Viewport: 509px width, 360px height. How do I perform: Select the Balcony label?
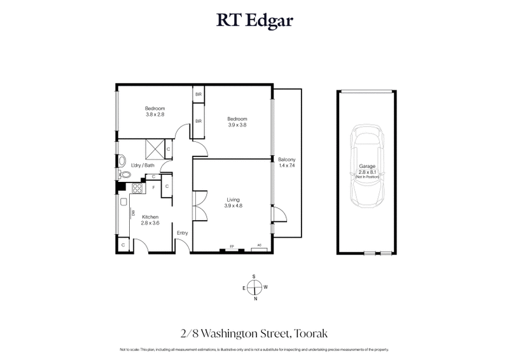[287, 159]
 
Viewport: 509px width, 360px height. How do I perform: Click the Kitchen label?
[150, 217]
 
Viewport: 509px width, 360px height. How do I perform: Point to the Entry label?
[183, 233]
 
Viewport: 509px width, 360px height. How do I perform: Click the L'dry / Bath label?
[143, 166]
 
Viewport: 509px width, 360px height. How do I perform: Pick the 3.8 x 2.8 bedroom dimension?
[155, 114]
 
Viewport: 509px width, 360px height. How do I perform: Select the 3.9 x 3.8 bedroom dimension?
[237, 125]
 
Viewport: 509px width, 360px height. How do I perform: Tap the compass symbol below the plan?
[254, 287]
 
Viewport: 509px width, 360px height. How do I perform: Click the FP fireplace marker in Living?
[231, 246]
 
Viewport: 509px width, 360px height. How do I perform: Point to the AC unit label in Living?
[259, 246]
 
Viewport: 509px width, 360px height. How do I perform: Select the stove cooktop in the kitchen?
[136, 188]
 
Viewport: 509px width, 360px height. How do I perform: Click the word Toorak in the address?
[309, 333]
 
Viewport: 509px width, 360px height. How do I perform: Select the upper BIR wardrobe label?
[199, 94]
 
